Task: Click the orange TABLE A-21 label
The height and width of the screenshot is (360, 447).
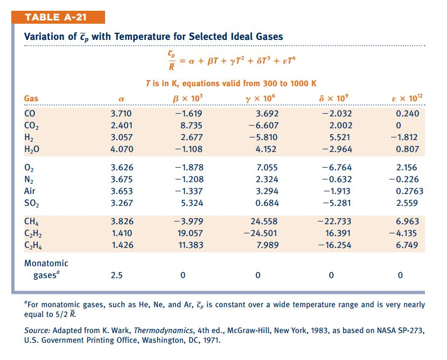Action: coord(57,17)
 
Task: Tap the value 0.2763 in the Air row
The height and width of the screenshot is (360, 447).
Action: coord(409,191)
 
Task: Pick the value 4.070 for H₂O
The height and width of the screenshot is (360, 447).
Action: coord(121,148)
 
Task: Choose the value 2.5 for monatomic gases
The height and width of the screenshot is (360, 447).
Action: coord(116,275)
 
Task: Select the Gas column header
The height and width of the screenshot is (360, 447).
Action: coord(31,99)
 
